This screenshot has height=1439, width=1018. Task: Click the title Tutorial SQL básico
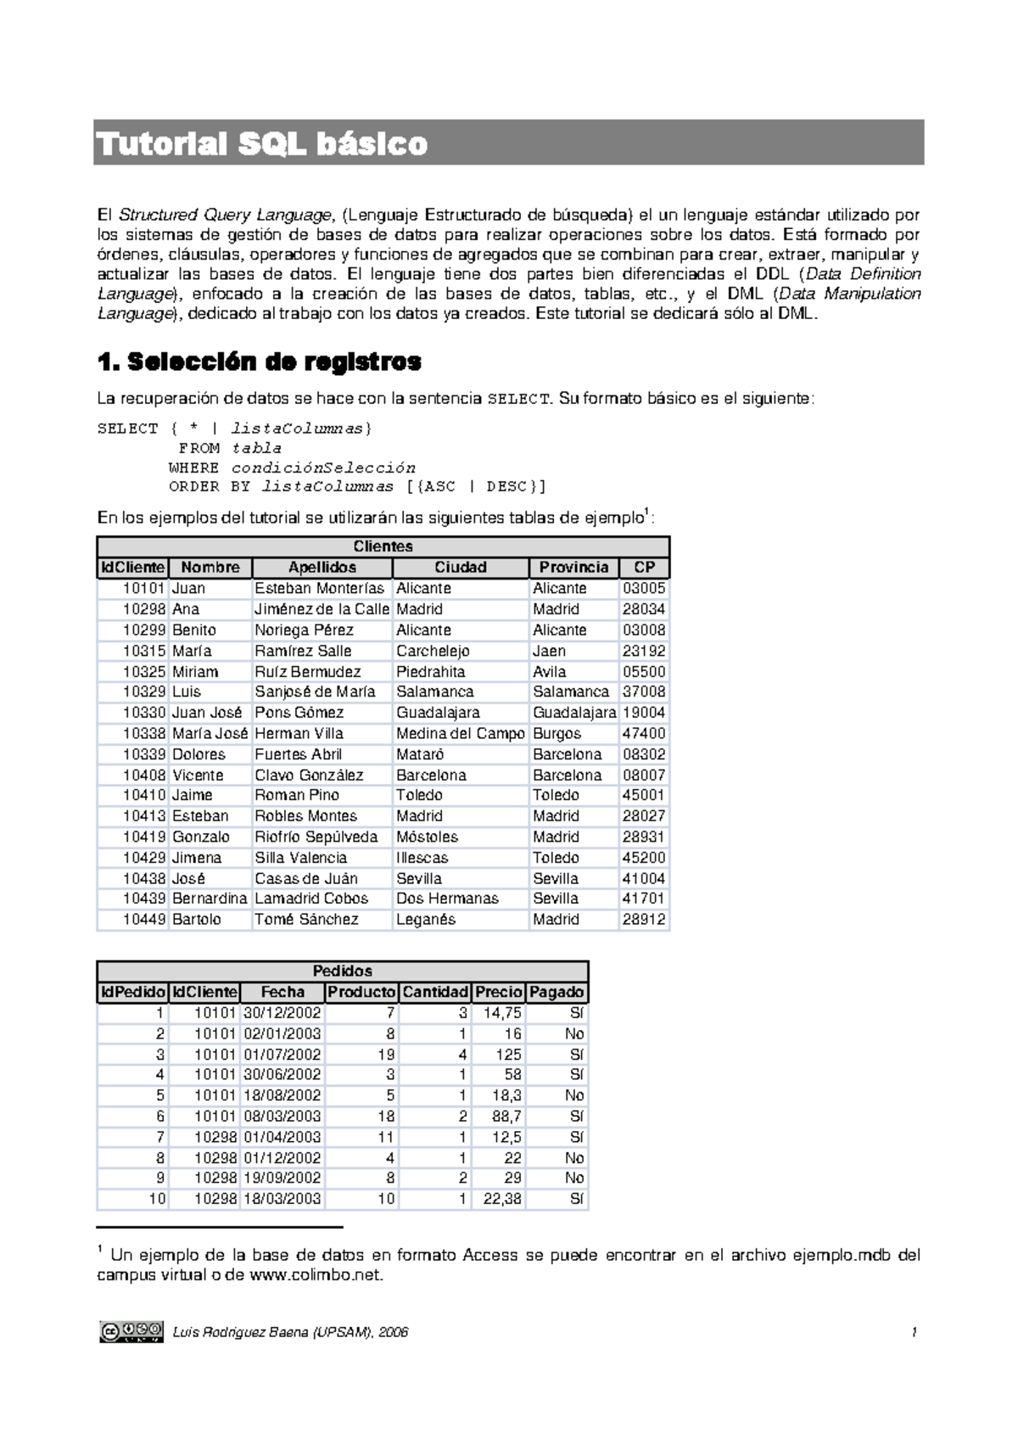tap(262, 144)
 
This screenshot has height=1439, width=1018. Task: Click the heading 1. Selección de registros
tap(260, 362)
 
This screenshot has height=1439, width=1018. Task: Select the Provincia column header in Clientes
tap(573, 568)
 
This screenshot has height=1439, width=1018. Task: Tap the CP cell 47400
tap(644, 733)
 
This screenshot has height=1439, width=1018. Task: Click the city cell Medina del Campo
tap(461, 733)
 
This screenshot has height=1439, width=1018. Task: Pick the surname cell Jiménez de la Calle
tap(322, 609)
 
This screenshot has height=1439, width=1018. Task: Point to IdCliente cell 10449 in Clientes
tap(144, 919)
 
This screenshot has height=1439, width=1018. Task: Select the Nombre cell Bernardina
tap(210, 899)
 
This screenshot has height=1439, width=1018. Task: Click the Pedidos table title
tap(342, 971)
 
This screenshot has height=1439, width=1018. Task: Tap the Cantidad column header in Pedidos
tap(435, 992)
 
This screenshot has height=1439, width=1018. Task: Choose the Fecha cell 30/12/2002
tap(282, 1013)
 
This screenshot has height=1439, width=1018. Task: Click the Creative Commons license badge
tap(131, 1331)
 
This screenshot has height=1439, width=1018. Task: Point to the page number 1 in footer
tap(915, 1332)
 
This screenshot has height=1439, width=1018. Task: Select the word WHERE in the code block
tap(193, 468)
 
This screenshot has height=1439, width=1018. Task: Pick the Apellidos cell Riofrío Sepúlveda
tap(316, 837)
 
